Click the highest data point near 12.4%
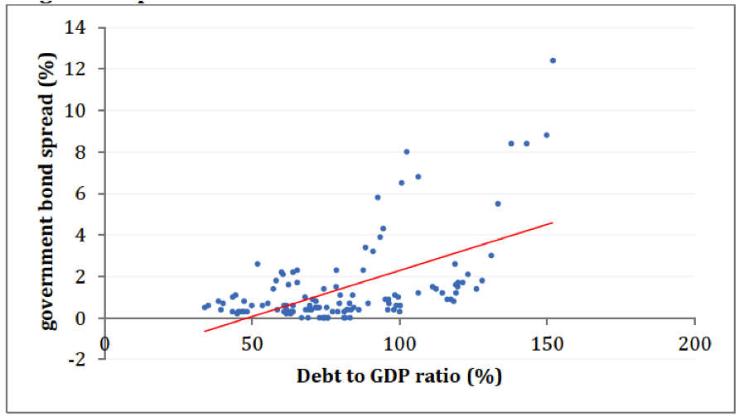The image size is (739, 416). click(553, 60)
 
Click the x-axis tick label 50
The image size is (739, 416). click(251, 342)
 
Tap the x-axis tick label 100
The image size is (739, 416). click(399, 342)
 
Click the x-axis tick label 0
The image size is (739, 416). click(104, 342)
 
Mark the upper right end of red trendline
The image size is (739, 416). click(553, 222)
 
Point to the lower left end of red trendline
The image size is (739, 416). click(204, 332)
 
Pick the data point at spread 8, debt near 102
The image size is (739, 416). click(406, 151)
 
